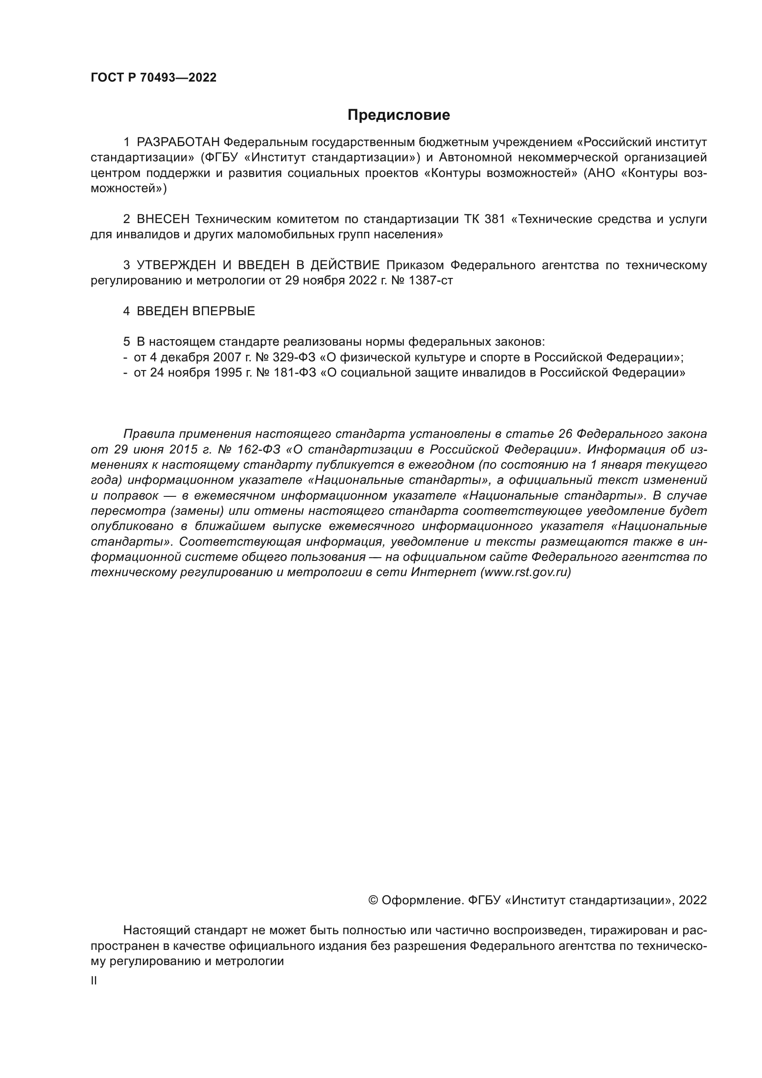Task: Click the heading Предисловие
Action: (x=399, y=115)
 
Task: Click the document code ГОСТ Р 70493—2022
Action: (x=153, y=78)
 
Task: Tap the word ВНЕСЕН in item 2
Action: (x=163, y=219)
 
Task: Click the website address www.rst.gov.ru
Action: (x=526, y=573)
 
